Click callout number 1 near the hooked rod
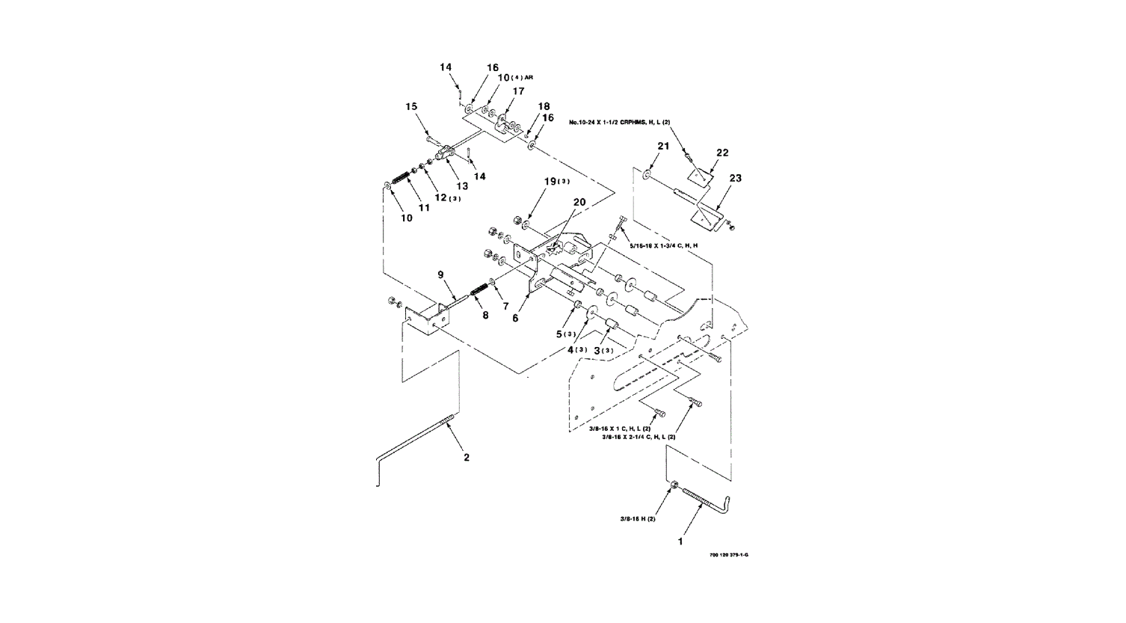click(680, 541)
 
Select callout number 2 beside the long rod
click(467, 457)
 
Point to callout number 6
click(514, 318)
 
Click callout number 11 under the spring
click(424, 208)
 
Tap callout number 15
click(411, 107)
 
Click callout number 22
click(722, 153)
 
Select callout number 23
click(736, 179)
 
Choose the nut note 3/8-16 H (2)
click(638, 519)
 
